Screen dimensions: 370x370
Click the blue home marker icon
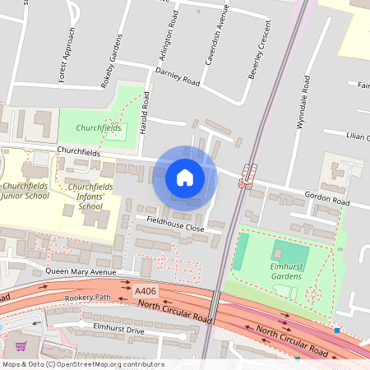[x=185, y=178]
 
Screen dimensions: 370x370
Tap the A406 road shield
[x=146, y=291]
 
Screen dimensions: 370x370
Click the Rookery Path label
[x=90, y=297]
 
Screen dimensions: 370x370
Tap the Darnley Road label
[x=180, y=82]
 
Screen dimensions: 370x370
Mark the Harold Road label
[x=146, y=113]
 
